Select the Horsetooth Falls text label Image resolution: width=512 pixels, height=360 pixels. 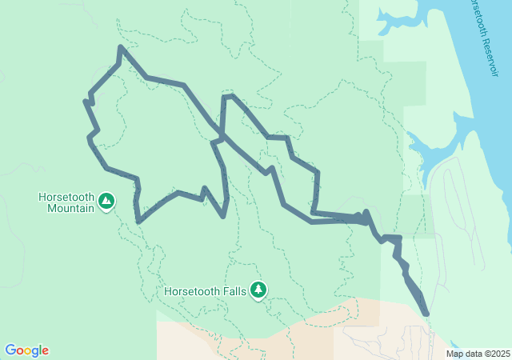pyautogui.click(x=206, y=290)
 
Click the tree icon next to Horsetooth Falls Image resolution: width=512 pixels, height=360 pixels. pyautogui.click(x=258, y=290)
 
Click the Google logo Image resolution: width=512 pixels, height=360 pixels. pyautogui.click(x=27, y=350)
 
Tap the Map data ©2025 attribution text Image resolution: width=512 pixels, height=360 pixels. pyautogui.click(x=477, y=354)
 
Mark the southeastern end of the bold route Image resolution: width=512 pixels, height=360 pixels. pyautogui.click(x=426, y=314)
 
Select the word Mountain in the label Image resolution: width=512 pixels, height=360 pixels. pyautogui.click(x=66, y=209)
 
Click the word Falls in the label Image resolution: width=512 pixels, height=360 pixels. pyautogui.click(x=234, y=290)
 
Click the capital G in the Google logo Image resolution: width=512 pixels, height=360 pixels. pyautogui.click(x=10, y=350)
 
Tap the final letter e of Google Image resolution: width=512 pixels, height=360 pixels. pyautogui.click(x=45, y=351)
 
